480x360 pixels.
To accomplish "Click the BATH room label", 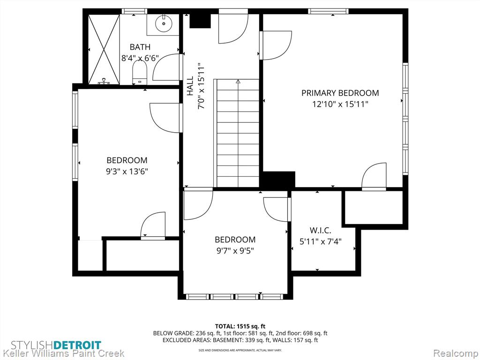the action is [140, 47].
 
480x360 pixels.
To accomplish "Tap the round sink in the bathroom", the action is [164, 23].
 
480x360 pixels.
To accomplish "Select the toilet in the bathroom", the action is [140, 72].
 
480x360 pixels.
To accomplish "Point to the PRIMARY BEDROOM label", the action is [340, 93].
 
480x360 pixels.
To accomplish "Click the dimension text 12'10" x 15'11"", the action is [340, 104].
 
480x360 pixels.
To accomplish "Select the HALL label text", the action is [190, 86].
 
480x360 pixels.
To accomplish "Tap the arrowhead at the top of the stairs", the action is [238, 82].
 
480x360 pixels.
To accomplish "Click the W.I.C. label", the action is [321, 230].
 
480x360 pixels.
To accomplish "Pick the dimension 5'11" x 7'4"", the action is [321, 241].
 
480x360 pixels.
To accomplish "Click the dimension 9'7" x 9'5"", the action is [235, 251].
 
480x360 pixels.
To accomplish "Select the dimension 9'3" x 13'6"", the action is [127, 172].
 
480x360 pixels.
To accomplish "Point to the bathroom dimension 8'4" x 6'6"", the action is [140, 58].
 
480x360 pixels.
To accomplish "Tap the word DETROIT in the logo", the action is [77, 345].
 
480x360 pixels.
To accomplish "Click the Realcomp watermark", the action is [456, 353].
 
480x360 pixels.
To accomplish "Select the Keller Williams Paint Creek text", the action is [63, 353].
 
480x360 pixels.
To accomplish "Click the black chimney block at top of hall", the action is [200, 21].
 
